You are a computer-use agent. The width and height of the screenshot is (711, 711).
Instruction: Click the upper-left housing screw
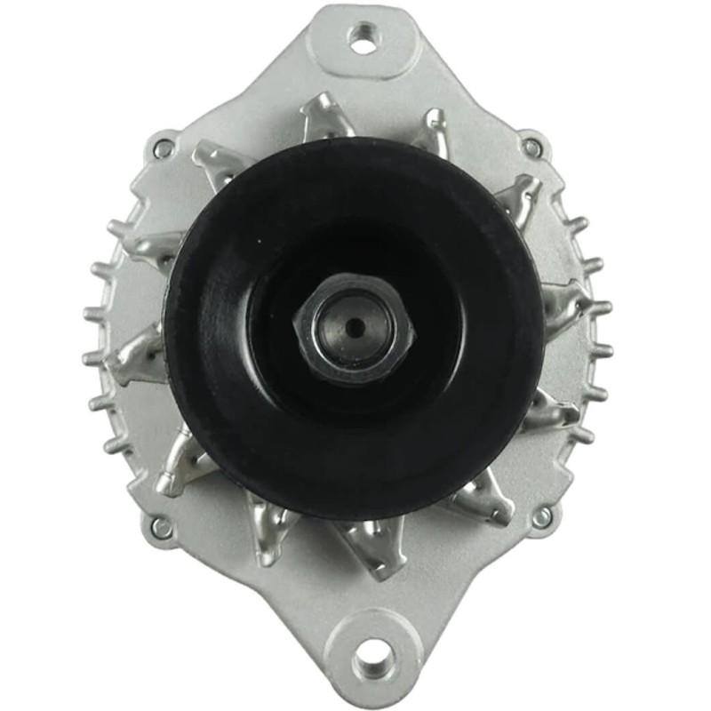[164, 148]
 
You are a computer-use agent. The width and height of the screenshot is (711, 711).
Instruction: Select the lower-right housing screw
[541, 516]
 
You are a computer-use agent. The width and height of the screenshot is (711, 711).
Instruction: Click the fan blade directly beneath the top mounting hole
[324, 120]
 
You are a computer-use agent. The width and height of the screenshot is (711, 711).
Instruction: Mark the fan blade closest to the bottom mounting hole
[373, 544]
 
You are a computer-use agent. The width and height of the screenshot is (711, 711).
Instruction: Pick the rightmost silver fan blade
[569, 302]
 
